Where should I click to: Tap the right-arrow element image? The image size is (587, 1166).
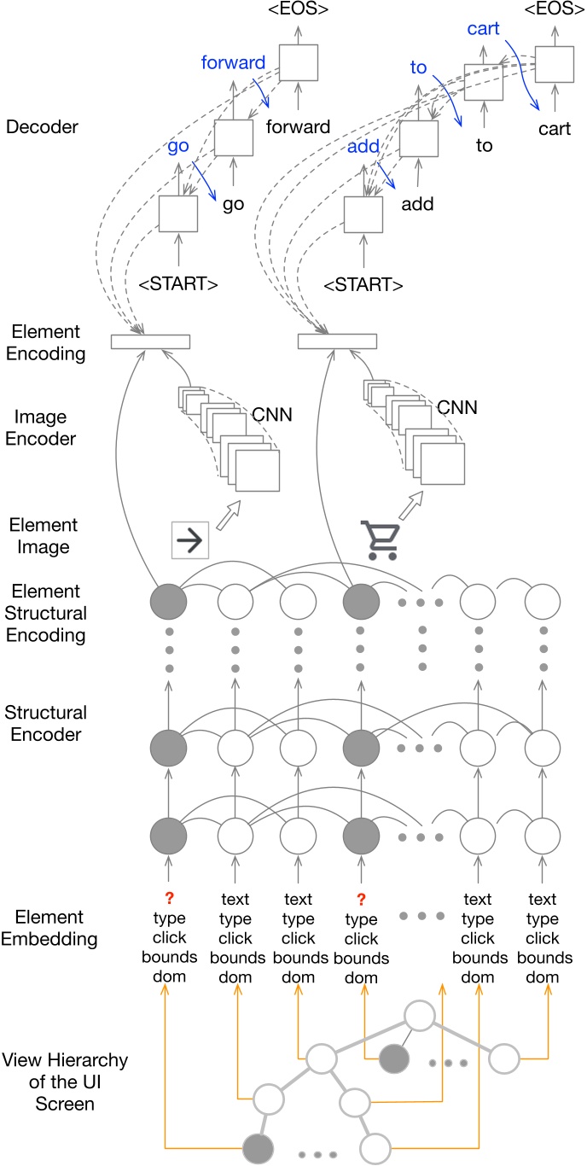[190, 539]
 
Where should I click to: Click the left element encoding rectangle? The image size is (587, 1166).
[150, 342]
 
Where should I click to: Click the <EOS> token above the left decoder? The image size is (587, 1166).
[299, 14]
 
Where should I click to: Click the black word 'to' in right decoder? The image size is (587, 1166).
[484, 146]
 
